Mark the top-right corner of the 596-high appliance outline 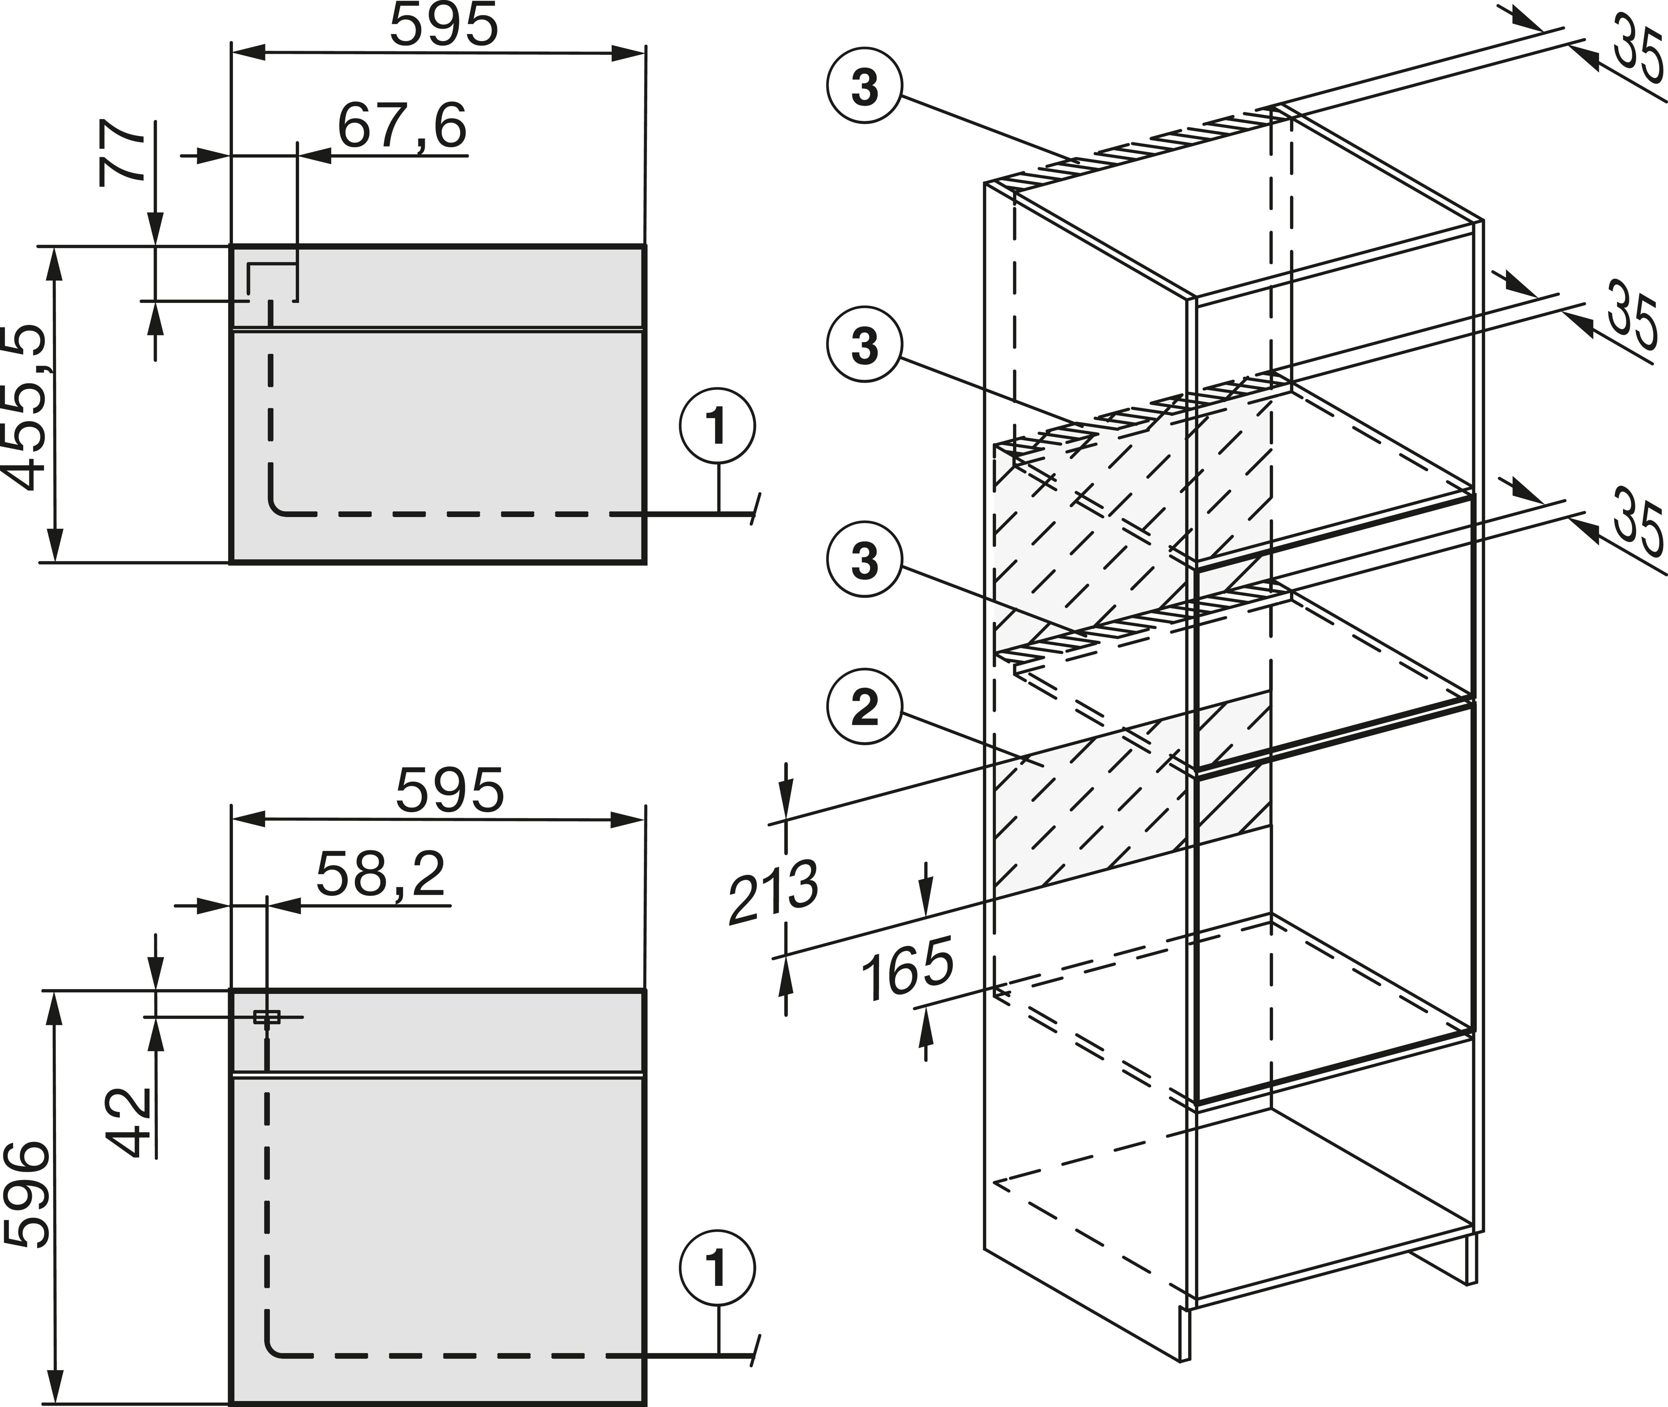pyautogui.click(x=644, y=991)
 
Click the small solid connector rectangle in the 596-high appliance pyautogui.click(x=266, y=1017)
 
